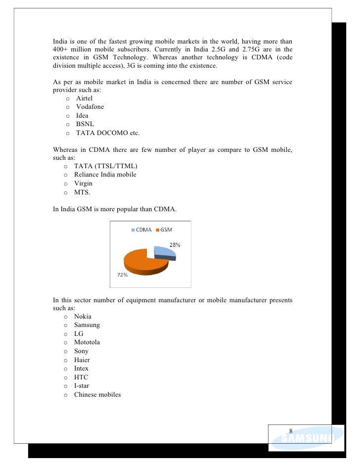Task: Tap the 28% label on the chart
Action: (175, 245)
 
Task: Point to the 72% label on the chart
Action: (122, 276)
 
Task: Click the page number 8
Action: (291, 430)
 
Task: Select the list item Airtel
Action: (84, 98)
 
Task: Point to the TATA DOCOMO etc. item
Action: (108, 133)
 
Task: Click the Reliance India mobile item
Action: (105, 175)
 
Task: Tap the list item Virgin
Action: (83, 184)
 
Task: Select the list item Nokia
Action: (83, 317)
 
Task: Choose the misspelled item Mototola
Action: (87, 342)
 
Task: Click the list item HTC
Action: (81, 377)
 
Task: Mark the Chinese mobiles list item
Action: (97, 395)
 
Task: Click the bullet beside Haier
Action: (65, 360)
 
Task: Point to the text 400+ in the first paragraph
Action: (60, 49)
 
